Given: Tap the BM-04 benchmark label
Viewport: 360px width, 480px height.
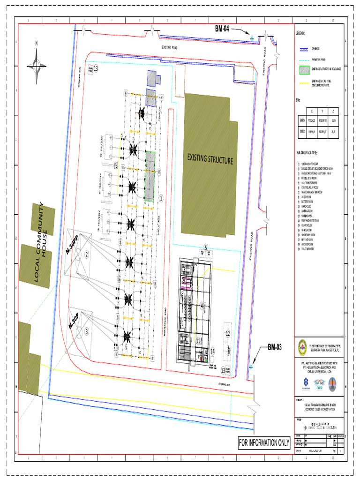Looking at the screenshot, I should click(x=222, y=29).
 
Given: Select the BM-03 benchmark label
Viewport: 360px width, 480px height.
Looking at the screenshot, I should click(x=275, y=347).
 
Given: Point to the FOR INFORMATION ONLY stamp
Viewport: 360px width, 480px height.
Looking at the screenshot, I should click(x=264, y=442).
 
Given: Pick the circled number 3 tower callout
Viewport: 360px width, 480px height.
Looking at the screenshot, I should click(x=87, y=332).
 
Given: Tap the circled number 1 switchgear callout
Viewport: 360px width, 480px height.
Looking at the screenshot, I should click(x=161, y=198).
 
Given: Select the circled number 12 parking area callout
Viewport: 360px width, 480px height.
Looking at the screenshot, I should click(x=228, y=334).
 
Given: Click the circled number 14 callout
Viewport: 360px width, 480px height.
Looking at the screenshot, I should click(x=212, y=351).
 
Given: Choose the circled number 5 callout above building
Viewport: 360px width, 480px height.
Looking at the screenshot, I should click(x=205, y=247).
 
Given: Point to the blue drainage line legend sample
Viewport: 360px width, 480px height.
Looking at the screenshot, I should click(x=305, y=48).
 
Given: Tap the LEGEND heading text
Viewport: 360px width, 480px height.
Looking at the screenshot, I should click(x=300, y=34).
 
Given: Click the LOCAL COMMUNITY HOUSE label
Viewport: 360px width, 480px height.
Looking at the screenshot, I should click(x=41, y=243).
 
